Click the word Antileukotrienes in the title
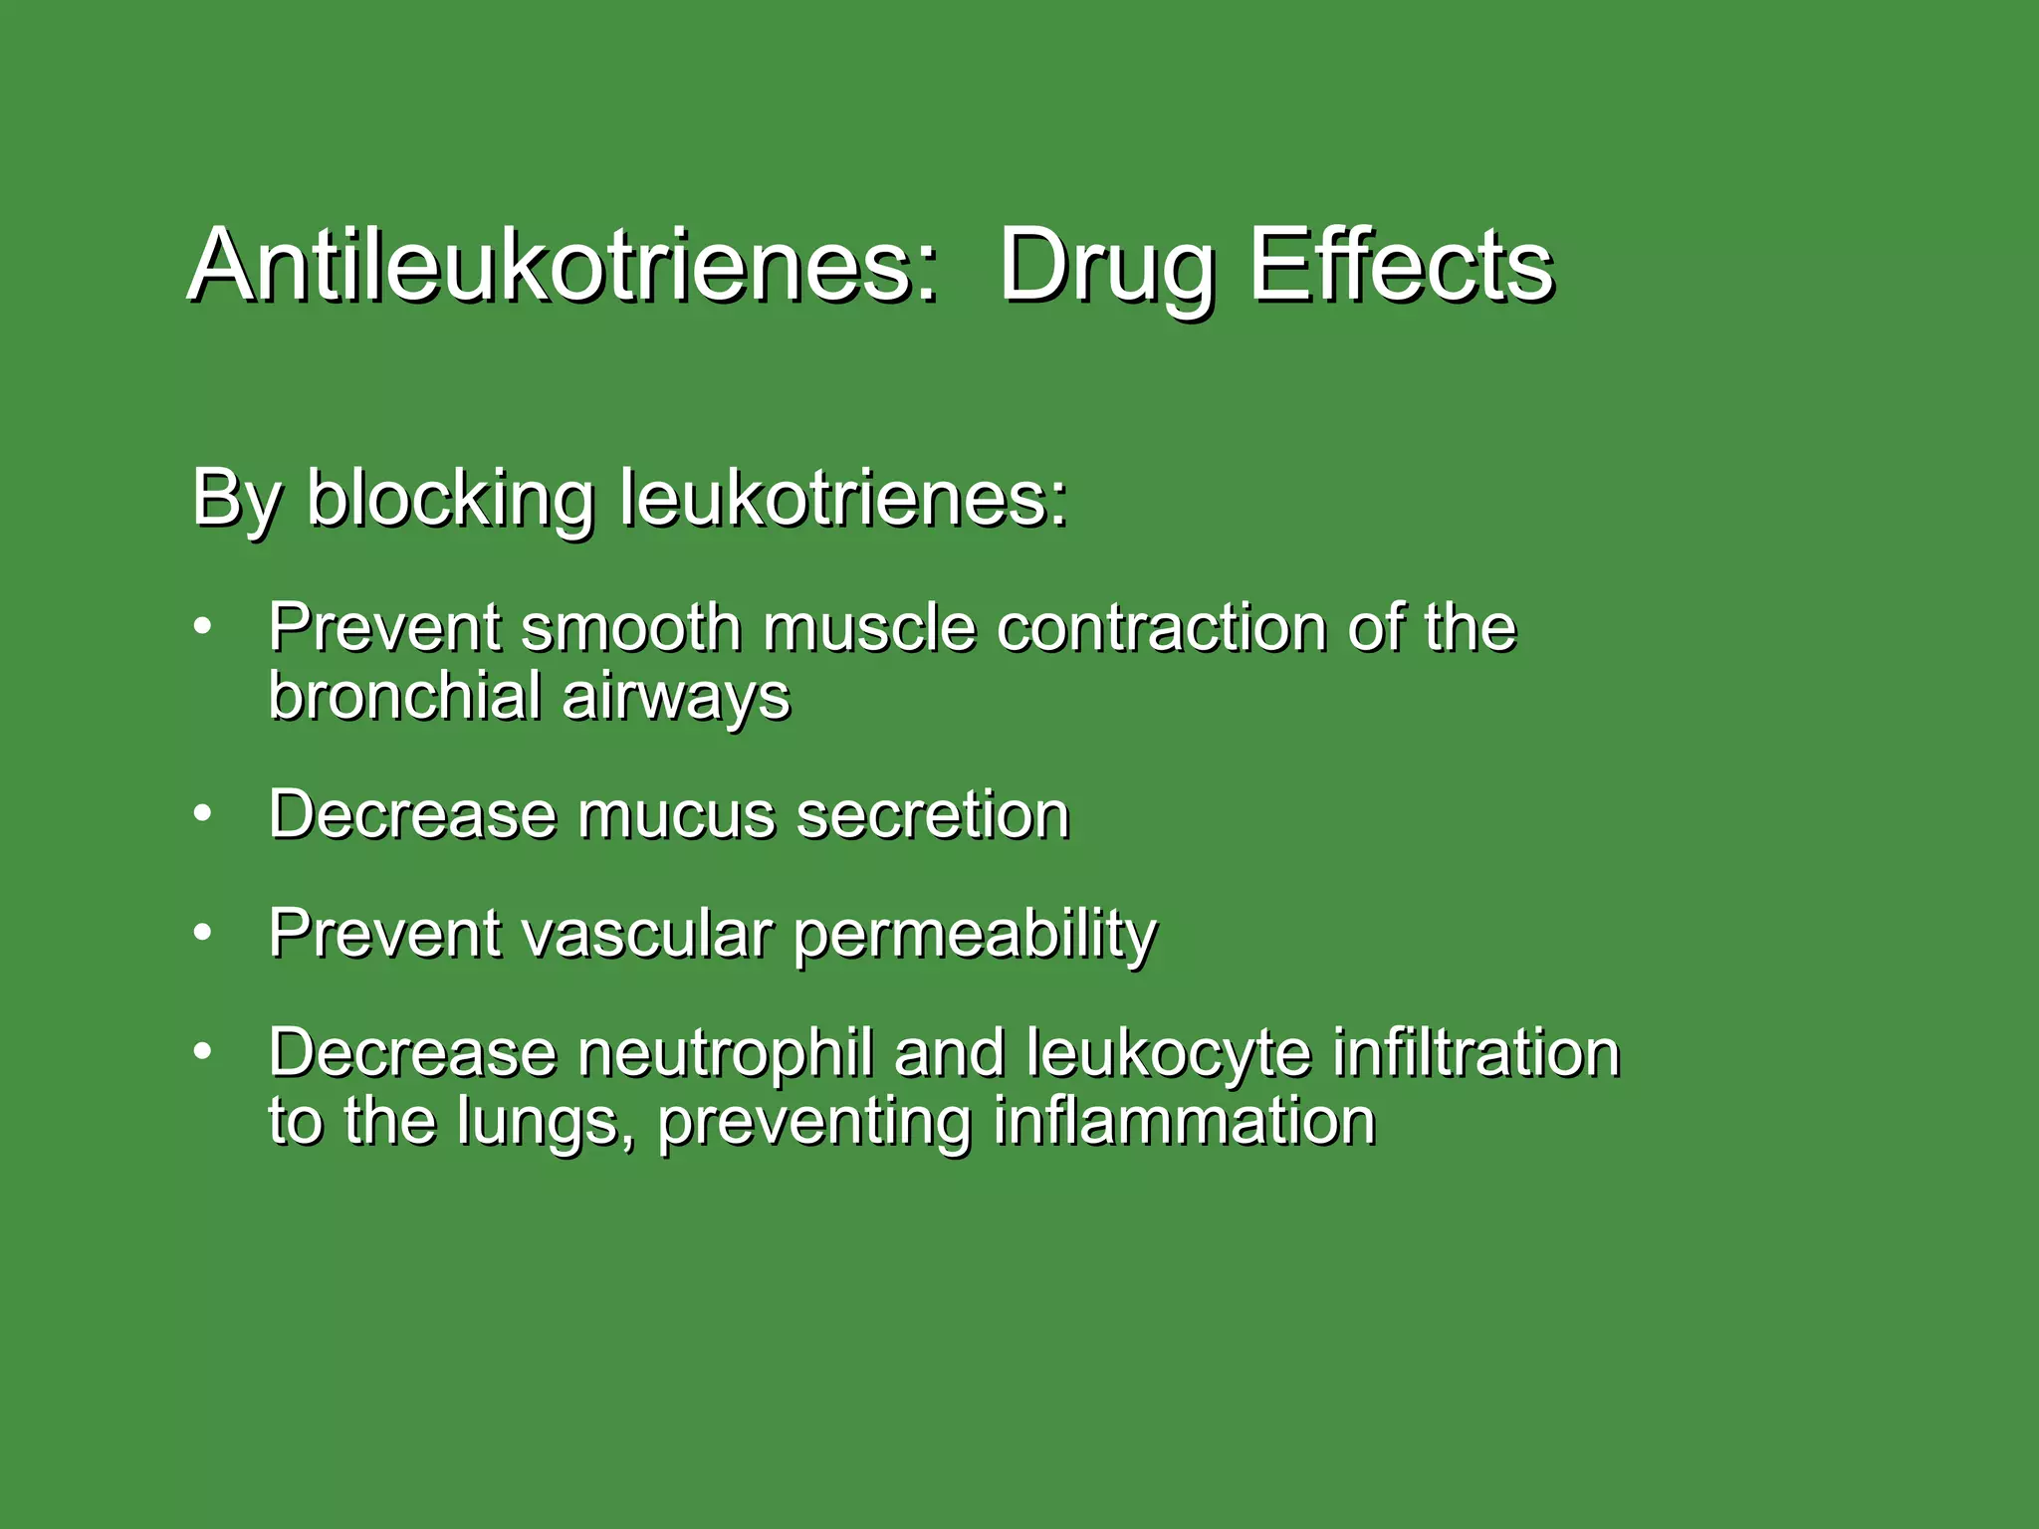click(563, 266)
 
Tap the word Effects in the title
click(1400, 266)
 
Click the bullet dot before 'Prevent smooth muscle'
click(203, 627)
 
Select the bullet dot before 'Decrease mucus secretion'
click(203, 813)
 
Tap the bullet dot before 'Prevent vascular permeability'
click(203, 932)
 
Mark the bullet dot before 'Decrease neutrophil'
click(203, 1051)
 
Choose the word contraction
click(1161, 628)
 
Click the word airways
click(676, 697)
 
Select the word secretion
click(933, 815)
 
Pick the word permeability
click(975, 936)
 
